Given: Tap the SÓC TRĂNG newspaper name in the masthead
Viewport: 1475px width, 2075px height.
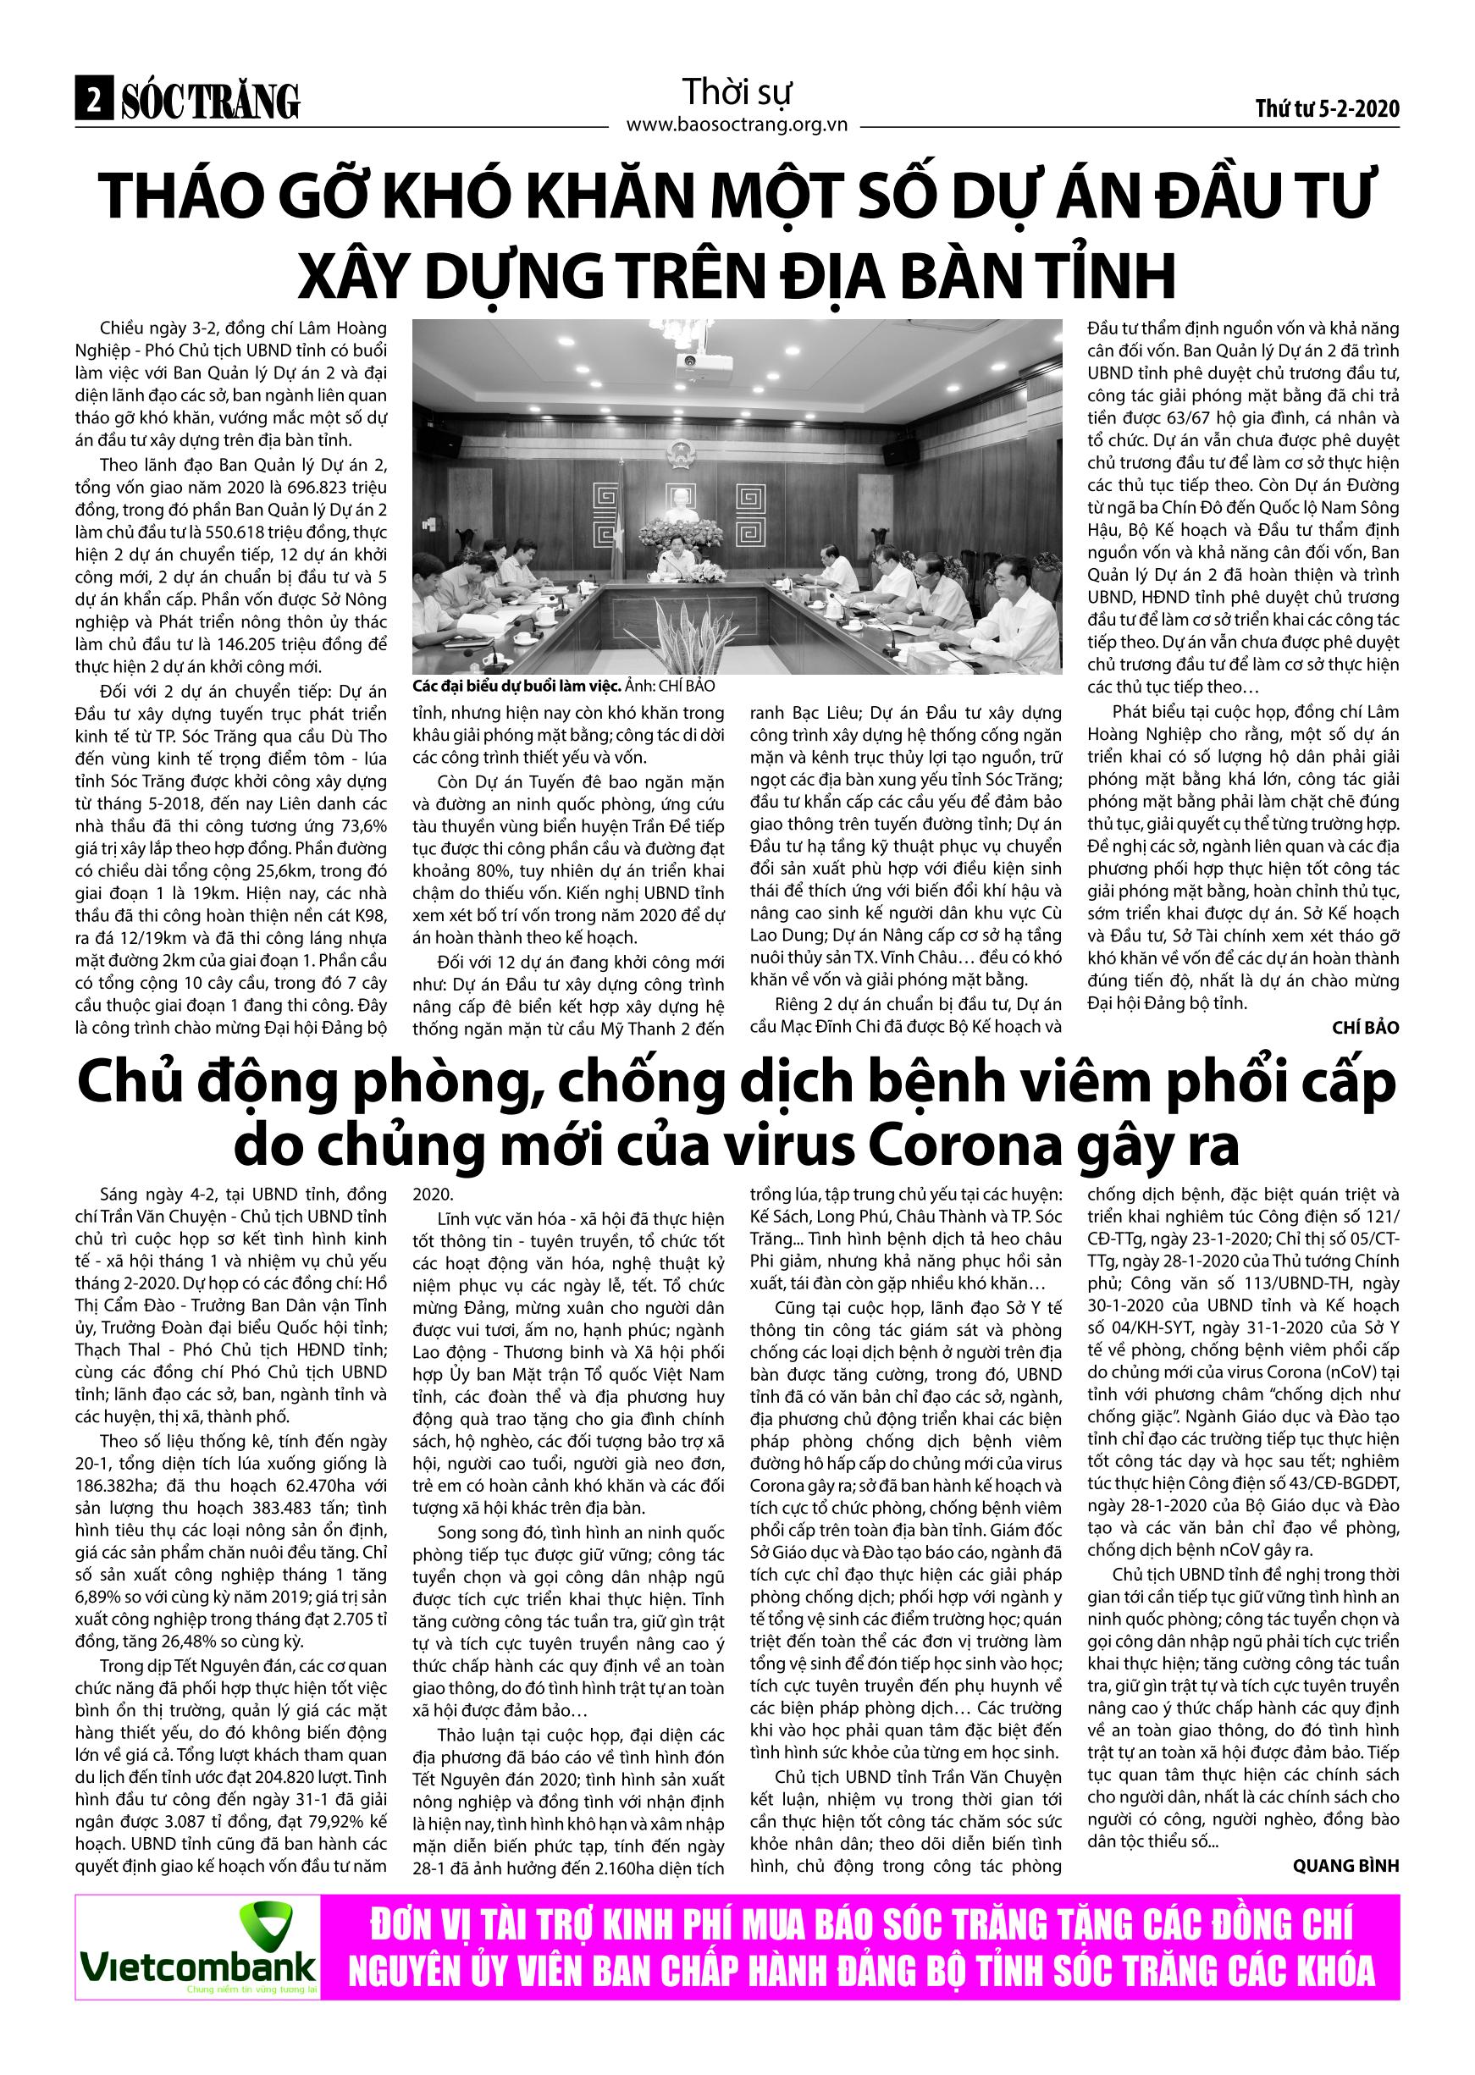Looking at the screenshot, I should tap(211, 102).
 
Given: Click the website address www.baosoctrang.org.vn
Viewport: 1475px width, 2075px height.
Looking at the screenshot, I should tap(737, 124).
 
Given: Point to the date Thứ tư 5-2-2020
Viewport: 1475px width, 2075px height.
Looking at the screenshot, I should tap(1327, 109).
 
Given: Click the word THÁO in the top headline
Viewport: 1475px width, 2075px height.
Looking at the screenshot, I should tap(173, 196).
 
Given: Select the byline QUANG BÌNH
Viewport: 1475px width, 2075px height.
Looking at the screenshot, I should tap(1346, 1865).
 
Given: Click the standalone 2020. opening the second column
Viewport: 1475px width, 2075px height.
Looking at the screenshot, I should tap(434, 1195).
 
